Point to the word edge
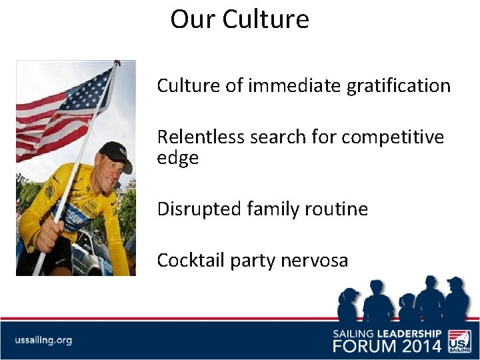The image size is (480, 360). point(177,159)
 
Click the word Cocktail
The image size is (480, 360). point(191,260)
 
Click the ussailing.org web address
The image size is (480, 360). point(43,340)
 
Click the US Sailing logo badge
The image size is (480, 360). point(459,340)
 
